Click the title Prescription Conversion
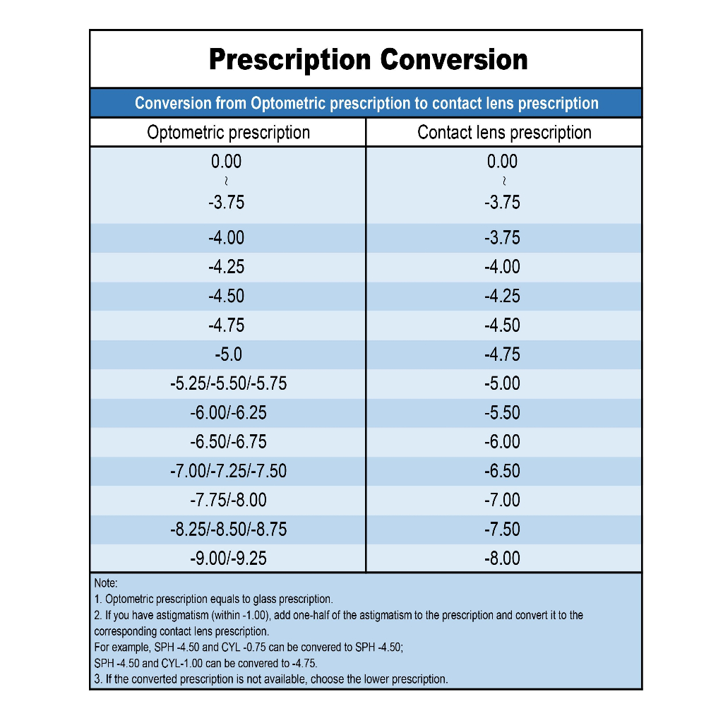pos(368,60)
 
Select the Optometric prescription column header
pos(228,133)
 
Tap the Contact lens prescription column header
pos(504,133)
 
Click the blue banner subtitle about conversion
pos(366,103)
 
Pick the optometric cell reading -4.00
pos(226,238)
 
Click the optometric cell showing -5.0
pos(228,354)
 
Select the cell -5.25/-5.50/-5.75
pos(228,383)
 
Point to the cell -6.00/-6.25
pos(228,412)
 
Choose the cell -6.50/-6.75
pos(228,442)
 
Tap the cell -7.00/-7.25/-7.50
pos(228,471)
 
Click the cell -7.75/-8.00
pos(228,501)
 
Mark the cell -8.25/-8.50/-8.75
pos(228,530)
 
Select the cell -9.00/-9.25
pos(228,558)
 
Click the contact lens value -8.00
pos(502,558)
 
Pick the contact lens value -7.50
pos(502,530)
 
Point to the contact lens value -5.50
pos(502,412)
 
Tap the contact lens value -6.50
pos(502,471)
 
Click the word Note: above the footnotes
pos(106,582)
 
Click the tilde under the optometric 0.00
pos(226,181)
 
